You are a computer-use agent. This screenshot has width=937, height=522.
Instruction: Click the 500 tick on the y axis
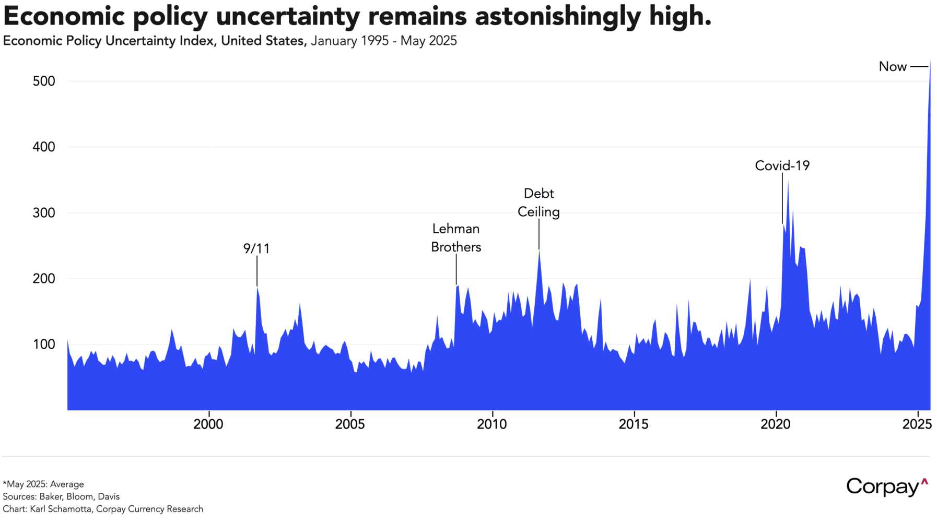pos(43,81)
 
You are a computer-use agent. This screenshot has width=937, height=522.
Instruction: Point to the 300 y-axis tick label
pos(43,213)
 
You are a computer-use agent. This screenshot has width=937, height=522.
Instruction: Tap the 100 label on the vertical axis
pos(43,345)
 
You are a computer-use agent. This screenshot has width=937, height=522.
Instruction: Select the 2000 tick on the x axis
pos(208,424)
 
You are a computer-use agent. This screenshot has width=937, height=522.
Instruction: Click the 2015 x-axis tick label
pos(634,424)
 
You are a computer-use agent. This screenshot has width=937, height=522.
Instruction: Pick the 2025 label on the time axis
pos(917,424)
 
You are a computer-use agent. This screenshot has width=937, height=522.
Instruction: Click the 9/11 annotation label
pos(256,248)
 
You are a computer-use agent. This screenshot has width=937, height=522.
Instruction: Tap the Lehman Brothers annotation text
pos(456,238)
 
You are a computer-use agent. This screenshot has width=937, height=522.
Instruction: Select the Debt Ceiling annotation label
pos(538,203)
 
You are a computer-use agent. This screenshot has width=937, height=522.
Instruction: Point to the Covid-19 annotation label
pos(782,166)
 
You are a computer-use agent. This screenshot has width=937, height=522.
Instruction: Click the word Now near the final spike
pos(893,67)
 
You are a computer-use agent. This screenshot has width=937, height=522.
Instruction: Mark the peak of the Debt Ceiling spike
pos(539,250)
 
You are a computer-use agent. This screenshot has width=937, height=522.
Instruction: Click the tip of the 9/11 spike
pos(257,287)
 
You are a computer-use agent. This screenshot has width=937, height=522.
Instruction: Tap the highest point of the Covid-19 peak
pos(788,181)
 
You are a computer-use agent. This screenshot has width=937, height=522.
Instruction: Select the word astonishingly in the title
pos(557,17)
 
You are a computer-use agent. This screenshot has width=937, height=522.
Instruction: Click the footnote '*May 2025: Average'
pos(43,484)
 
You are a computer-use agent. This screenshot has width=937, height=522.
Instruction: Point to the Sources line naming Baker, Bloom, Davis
pos(61,496)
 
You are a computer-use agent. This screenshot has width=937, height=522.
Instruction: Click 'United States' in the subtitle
pos(263,41)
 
